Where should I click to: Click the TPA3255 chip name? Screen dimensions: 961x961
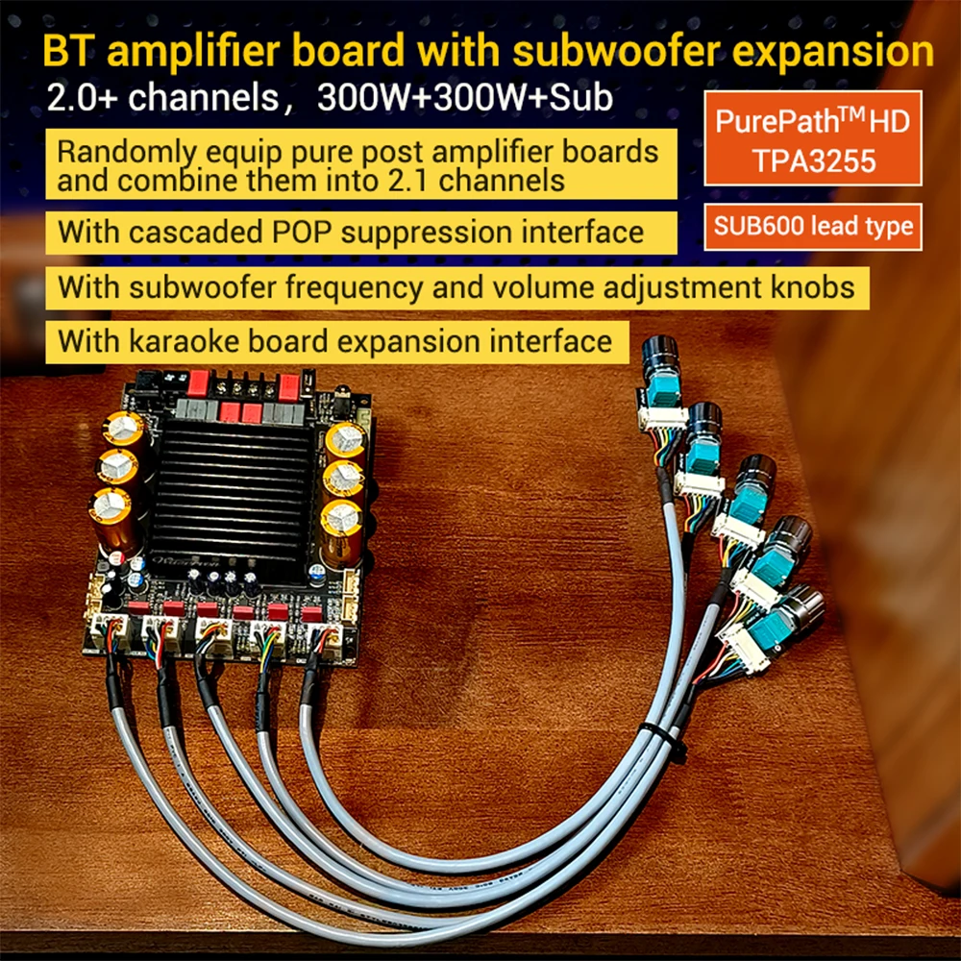pos(813,160)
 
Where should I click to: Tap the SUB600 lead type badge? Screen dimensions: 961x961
pos(813,228)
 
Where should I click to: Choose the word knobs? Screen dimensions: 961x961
pos(809,287)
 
